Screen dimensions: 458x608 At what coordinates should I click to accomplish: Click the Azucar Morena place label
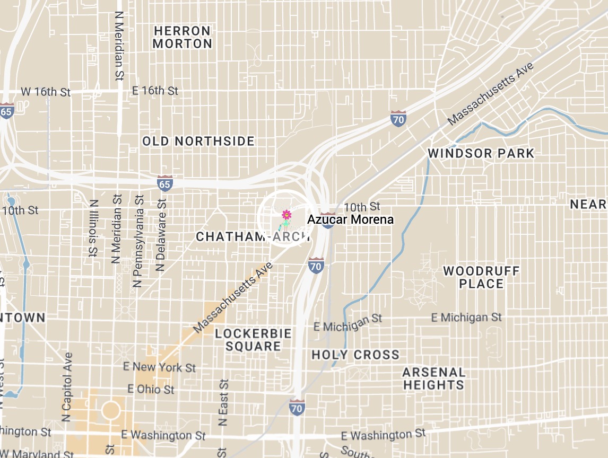pyautogui.click(x=351, y=219)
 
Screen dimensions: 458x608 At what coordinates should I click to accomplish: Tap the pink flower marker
pyautogui.click(x=286, y=215)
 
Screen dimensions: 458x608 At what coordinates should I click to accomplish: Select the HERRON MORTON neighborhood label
pyautogui.click(x=183, y=37)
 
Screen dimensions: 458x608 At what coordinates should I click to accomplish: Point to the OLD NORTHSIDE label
pyautogui.click(x=198, y=141)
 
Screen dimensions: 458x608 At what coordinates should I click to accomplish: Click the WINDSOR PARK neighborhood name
pyautogui.click(x=481, y=154)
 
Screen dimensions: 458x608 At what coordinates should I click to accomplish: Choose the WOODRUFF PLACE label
pyautogui.click(x=481, y=277)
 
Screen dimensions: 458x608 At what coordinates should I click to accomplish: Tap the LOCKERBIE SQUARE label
pyautogui.click(x=253, y=340)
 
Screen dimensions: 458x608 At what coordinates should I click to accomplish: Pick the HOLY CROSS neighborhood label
pyautogui.click(x=355, y=355)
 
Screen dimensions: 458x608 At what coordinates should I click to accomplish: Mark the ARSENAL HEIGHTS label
pyautogui.click(x=433, y=378)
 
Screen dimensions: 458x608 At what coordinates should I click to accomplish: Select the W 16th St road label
pyautogui.click(x=46, y=92)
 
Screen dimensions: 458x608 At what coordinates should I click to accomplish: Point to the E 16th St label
pyautogui.click(x=155, y=91)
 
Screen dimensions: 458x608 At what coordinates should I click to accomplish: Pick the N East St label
pyautogui.click(x=223, y=403)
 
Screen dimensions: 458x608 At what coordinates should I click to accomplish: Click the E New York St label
pyautogui.click(x=159, y=367)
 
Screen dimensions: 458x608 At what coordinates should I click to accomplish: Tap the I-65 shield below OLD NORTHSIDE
pyautogui.click(x=164, y=183)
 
